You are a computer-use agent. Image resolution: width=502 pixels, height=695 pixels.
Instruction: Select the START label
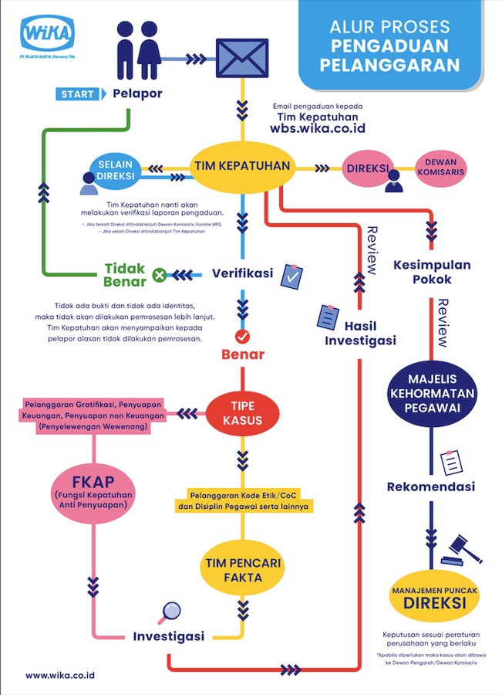pyautogui.click(x=78, y=94)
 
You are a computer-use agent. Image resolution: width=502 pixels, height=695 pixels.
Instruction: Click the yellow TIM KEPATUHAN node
pyautogui.click(x=241, y=167)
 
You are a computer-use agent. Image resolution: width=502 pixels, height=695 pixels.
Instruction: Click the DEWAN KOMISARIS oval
pyautogui.click(x=440, y=168)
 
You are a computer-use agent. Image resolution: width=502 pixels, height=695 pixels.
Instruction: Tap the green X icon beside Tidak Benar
pyautogui.click(x=159, y=273)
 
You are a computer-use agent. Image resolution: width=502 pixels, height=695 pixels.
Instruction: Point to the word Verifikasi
pyautogui.click(x=243, y=273)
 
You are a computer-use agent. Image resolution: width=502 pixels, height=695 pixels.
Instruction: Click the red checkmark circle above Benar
pyautogui.click(x=241, y=336)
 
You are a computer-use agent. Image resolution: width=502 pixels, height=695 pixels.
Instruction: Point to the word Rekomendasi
pyautogui.click(x=431, y=486)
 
